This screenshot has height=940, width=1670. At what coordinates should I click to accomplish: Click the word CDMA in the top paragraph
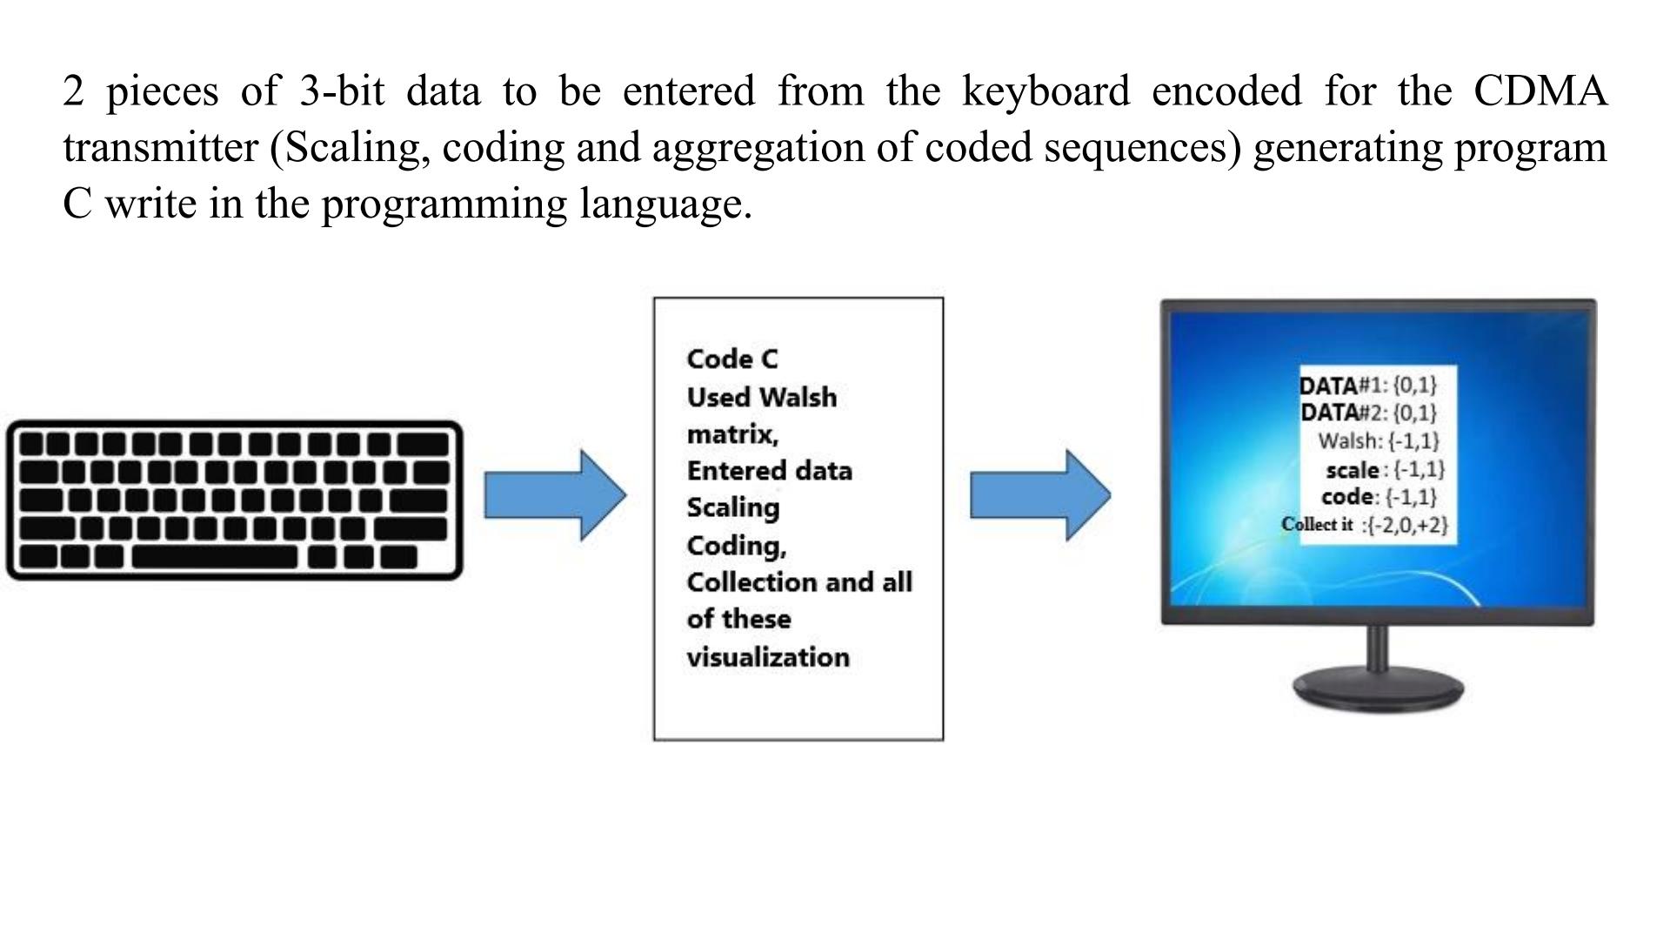click(x=1540, y=91)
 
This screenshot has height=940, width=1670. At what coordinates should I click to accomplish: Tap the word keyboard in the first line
click(x=1045, y=91)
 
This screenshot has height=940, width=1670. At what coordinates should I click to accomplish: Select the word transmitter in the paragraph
click(x=161, y=147)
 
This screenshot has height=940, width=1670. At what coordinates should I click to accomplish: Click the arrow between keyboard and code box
click(x=555, y=495)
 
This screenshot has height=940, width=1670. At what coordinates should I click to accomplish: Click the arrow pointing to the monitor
click(x=1040, y=495)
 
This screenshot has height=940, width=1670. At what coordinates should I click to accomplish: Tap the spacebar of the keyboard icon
click(x=214, y=557)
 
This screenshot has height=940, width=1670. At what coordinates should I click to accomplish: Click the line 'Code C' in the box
click(x=731, y=359)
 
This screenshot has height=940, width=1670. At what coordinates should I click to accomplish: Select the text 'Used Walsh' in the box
click(x=761, y=397)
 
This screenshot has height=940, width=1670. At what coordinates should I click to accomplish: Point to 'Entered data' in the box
click(x=769, y=471)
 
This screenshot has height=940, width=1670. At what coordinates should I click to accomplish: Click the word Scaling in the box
click(x=732, y=507)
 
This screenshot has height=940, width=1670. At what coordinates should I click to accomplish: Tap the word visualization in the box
click(x=767, y=657)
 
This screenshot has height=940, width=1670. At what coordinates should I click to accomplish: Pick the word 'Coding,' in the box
click(x=736, y=546)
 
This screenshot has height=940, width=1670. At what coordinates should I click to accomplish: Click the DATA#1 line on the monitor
click(x=1367, y=385)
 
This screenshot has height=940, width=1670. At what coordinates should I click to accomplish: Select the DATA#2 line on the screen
click(x=1367, y=412)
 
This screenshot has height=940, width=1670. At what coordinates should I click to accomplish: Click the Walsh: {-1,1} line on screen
click(x=1378, y=441)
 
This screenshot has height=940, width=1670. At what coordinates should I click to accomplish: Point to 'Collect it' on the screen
click(x=1317, y=524)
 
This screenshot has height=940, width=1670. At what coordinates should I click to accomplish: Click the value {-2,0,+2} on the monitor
click(x=1407, y=525)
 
